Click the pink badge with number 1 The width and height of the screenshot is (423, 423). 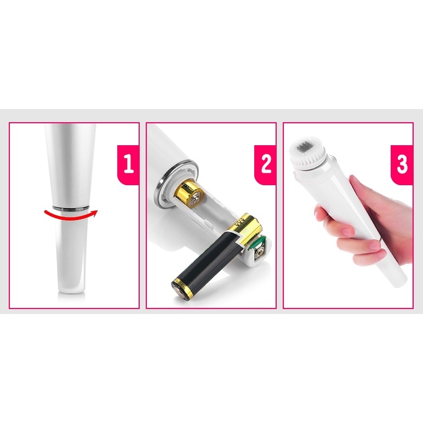(128, 165)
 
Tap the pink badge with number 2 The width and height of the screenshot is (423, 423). (265, 165)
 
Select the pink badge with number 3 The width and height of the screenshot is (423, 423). (402, 165)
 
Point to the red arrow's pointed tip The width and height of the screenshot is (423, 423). (97, 210)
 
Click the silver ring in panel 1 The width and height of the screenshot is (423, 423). (71, 208)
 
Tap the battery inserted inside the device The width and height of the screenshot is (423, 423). (189, 193)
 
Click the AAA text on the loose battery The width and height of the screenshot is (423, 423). (239, 223)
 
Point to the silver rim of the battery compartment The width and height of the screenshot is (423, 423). (175, 184)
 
